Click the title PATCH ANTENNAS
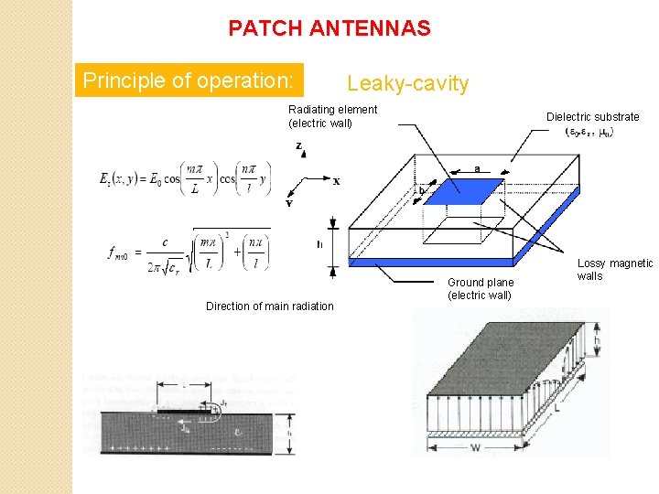329,28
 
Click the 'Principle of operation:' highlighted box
188,81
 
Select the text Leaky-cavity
407,84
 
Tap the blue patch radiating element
467,191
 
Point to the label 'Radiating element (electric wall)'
332,116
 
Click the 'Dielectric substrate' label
592,116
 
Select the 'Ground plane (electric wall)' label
480,289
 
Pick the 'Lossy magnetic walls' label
614,270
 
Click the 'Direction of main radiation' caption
269,306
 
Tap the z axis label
298,146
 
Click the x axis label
336,181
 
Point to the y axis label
288,203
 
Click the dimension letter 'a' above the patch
478,169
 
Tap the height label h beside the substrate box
319,244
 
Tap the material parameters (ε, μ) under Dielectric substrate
590,132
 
